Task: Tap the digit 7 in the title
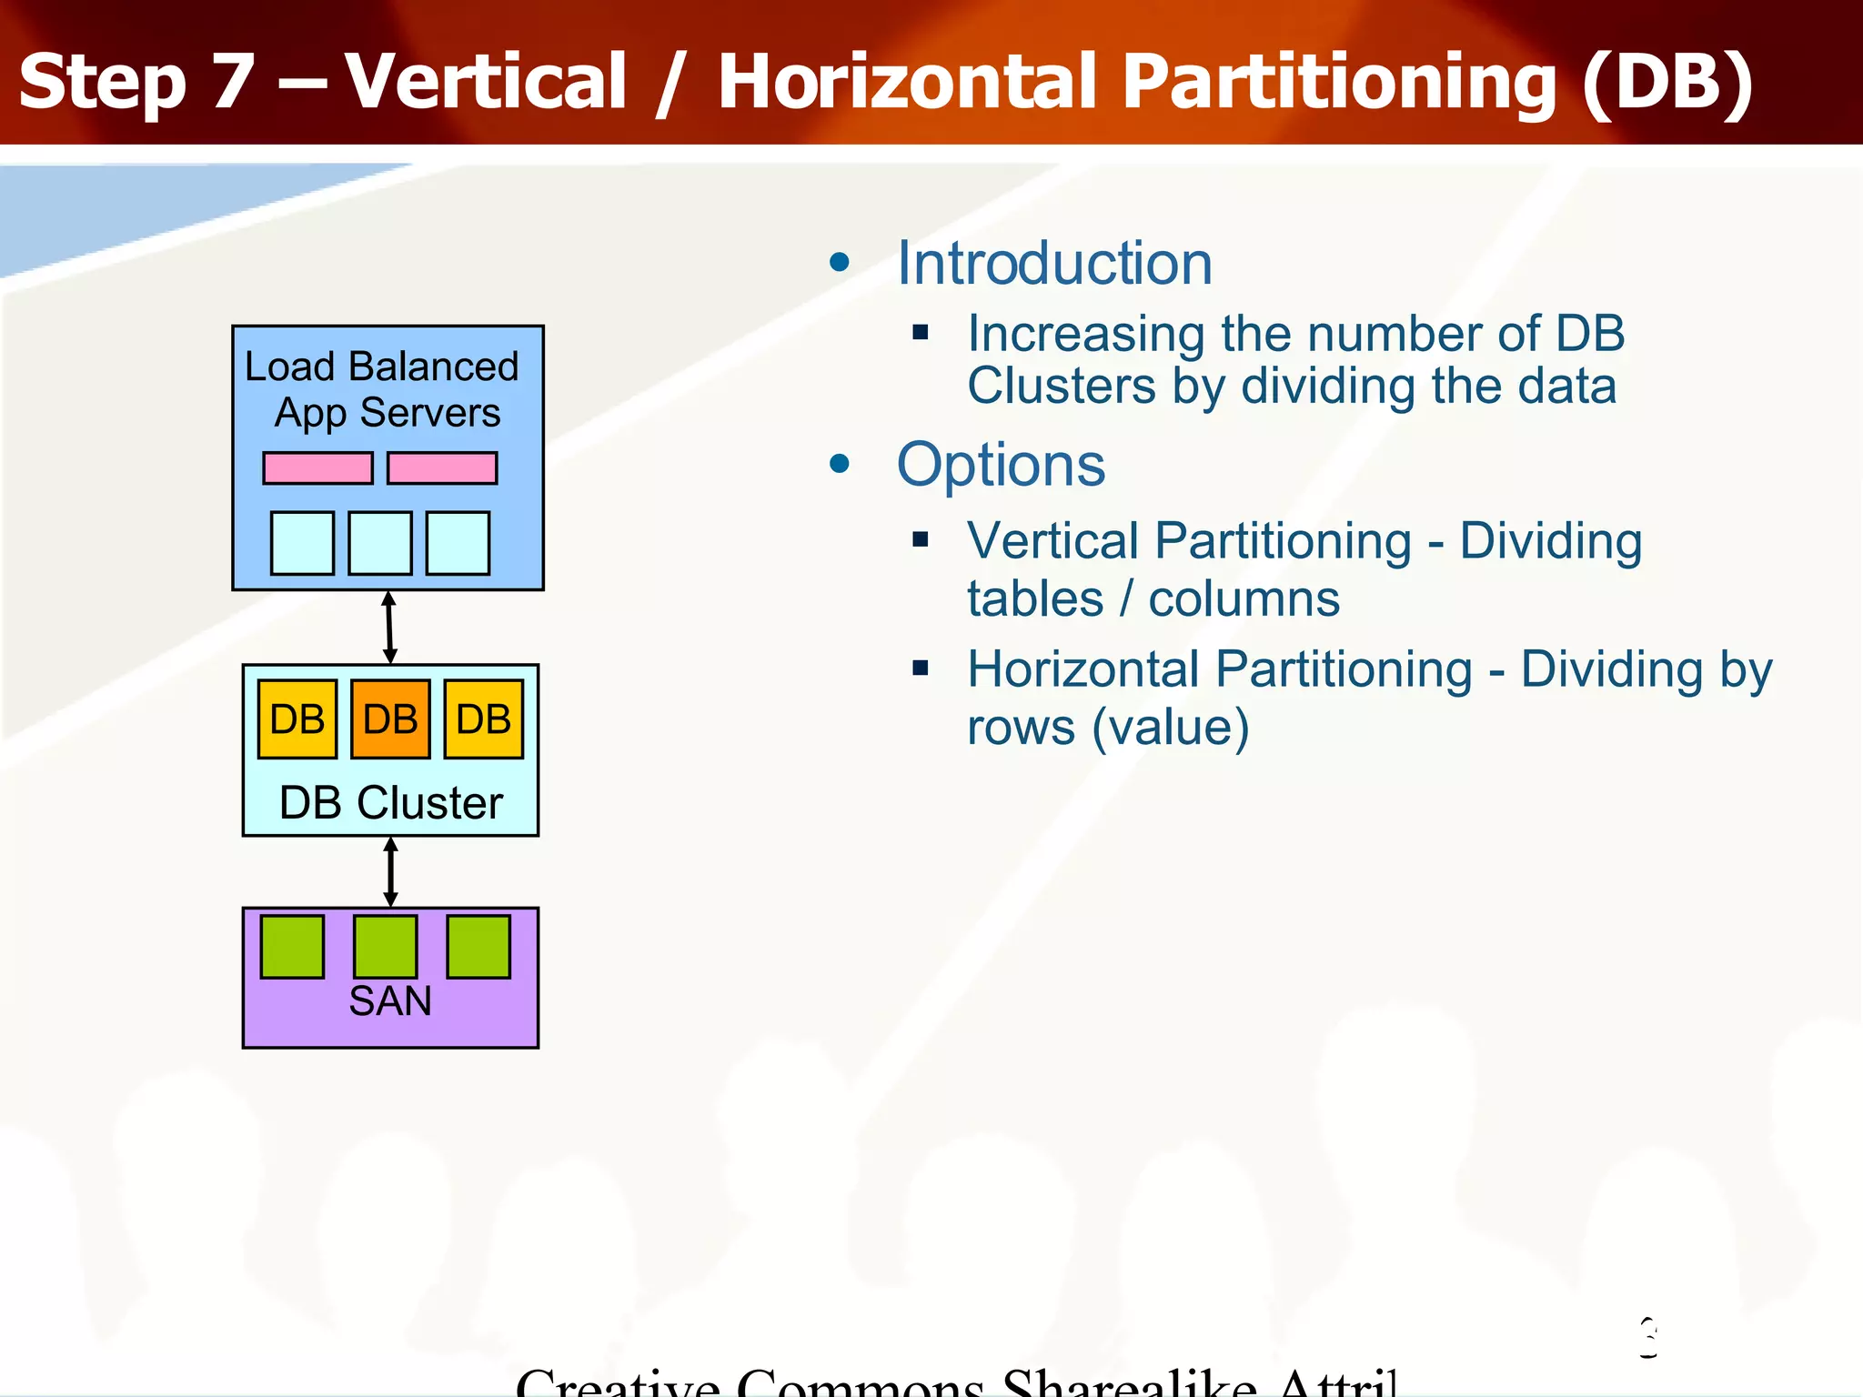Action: pyautogui.click(x=232, y=82)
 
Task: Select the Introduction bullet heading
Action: pyautogui.click(x=1053, y=264)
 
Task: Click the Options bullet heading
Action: pyautogui.click(x=1001, y=465)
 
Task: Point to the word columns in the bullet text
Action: pyautogui.click(x=1244, y=599)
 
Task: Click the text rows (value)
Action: pyautogui.click(x=1107, y=728)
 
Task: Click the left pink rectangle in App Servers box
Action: pyautogui.click(x=317, y=468)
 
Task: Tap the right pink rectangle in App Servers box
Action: pyautogui.click(x=442, y=468)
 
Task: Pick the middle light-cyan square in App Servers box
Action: pyautogui.click(x=380, y=543)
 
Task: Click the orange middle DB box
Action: pyautogui.click(x=390, y=719)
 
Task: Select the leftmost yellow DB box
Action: pyautogui.click(x=297, y=719)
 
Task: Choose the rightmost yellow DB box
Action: pyautogui.click(x=484, y=719)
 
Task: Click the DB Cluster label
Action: pyautogui.click(x=390, y=803)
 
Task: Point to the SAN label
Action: pyautogui.click(x=390, y=1001)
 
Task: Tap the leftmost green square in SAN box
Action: pyautogui.click(x=293, y=947)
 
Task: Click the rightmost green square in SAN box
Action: pyautogui.click(x=479, y=947)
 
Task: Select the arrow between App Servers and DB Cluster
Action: pyautogui.click(x=389, y=628)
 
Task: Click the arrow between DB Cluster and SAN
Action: pyautogui.click(x=390, y=871)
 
